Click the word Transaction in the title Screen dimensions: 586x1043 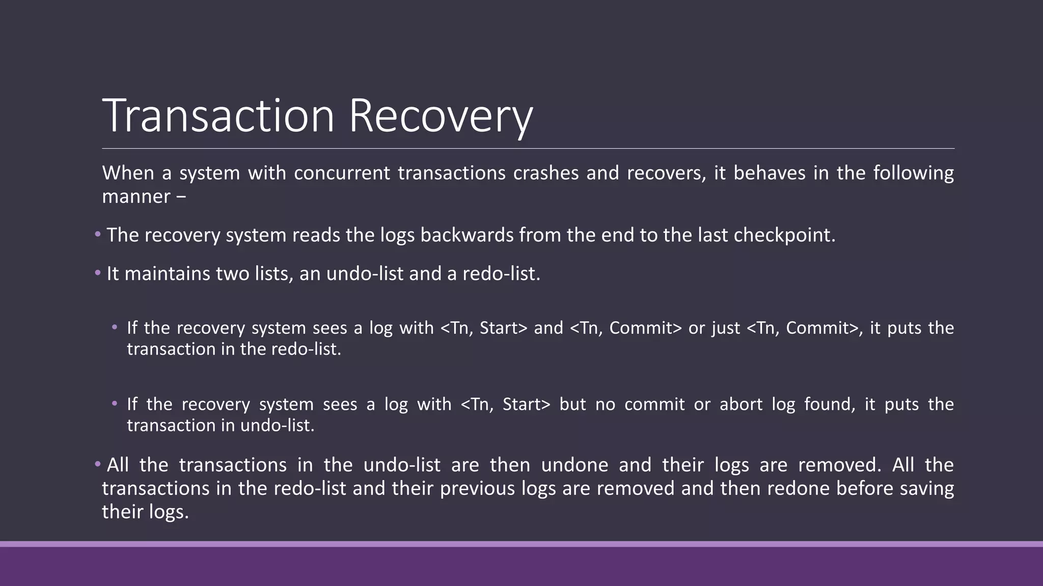(x=218, y=116)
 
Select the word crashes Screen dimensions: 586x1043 (x=545, y=173)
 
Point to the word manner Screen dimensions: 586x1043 (x=136, y=196)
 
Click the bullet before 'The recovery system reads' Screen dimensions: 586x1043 (x=98, y=235)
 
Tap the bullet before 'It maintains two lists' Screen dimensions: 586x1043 (x=98, y=273)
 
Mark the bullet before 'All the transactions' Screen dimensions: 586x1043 (x=98, y=464)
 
